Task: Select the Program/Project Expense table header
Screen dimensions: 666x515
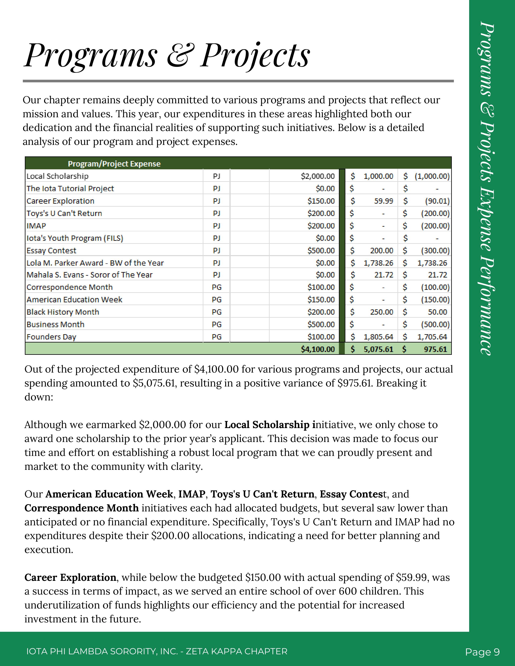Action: pyautogui.click(x=114, y=164)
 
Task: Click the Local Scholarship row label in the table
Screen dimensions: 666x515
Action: pyautogui.click(x=57, y=176)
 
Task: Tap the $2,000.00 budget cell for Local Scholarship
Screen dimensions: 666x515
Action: pyautogui.click(x=318, y=176)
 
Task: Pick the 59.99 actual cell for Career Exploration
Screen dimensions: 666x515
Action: pyautogui.click(x=384, y=201)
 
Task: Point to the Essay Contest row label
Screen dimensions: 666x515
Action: pyautogui.click(x=51, y=251)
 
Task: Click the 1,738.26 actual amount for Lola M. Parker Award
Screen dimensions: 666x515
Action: pyautogui.click(x=378, y=263)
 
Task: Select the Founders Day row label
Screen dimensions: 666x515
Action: pyautogui.click(x=51, y=337)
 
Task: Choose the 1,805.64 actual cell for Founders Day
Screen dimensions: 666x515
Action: pyautogui.click(x=378, y=337)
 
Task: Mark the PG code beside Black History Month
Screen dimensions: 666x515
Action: pyautogui.click(x=217, y=312)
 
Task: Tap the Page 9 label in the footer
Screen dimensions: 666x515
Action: pyautogui.click(x=482, y=652)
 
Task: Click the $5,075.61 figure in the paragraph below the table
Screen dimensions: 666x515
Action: pyautogui.click(x=155, y=383)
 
